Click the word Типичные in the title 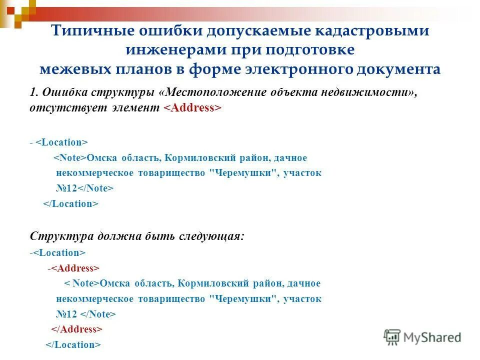[89, 31]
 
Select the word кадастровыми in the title [372, 31]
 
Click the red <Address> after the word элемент [192, 108]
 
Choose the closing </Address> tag [77, 329]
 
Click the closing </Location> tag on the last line [73, 345]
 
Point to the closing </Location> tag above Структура [70, 204]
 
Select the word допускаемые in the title [258, 31]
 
